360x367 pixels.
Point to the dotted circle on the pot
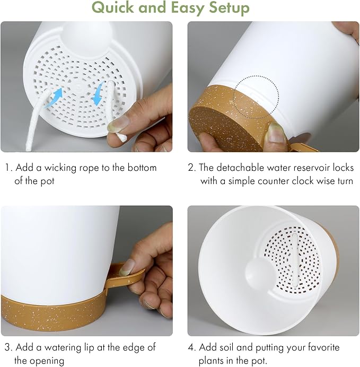(x=256, y=96)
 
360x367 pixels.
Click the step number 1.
(x=8, y=168)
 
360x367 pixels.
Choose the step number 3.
(x=8, y=348)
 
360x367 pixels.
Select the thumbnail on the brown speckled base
(x=276, y=132)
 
